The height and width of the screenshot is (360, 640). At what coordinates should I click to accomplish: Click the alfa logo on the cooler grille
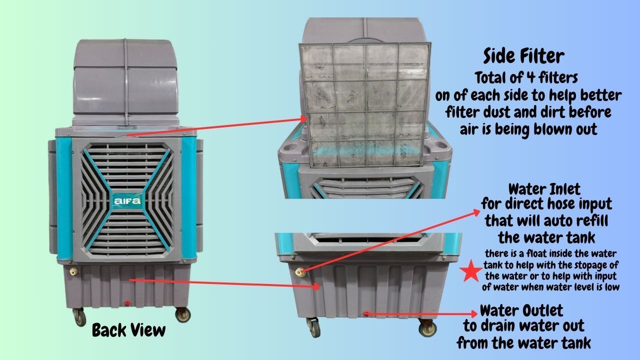(x=127, y=201)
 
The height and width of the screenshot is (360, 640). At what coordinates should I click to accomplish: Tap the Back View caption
(x=129, y=330)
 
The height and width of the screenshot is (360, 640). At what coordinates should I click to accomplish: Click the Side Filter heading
(x=523, y=56)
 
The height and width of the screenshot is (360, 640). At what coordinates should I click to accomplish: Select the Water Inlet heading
(x=544, y=189)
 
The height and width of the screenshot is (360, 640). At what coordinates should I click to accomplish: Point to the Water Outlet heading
(x=521, y=310)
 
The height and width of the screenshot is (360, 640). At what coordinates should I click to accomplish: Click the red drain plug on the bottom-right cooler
(x=366, y=313)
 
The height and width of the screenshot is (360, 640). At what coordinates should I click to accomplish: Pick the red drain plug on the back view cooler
(x=127, y=303)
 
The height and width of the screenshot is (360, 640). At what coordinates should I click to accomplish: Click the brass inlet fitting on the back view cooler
(x=73, y=271)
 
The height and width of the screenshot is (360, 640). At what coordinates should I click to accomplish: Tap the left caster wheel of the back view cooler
(x=79, y=317)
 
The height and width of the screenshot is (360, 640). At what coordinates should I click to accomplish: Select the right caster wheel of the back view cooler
(x=182, y=315)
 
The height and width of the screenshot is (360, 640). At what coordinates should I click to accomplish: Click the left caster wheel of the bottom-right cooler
(x=314, y=328)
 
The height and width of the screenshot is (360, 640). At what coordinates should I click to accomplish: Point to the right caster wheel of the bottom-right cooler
(x=427, y=328)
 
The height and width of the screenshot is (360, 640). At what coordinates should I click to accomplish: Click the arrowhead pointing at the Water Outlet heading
(x=474, y=314)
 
